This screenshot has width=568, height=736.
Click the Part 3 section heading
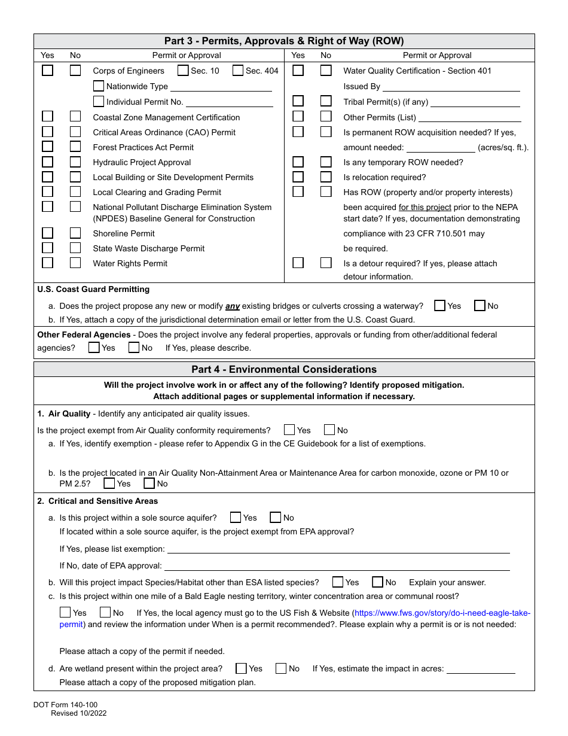pyautogui.click(x=284, y=41)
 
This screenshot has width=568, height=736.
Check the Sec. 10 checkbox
pyautogui.click(x=183, y=71)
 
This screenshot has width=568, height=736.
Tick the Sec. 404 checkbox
pyautogui.click(x=238, y=71)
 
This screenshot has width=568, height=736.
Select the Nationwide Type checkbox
pyautogui.click(x=99, y=86)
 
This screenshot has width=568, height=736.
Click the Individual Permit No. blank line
pyautogui.click(x=229, y=102)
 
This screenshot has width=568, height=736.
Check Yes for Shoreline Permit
pyautogui.click(x=47, y=233)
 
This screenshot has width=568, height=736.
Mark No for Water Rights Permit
pyautogui.click(x=75, y=263)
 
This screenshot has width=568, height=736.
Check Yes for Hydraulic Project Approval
pyautogui.click(x=47, y=162)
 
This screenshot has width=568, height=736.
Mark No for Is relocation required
pyautogui.click(x=326, y=177)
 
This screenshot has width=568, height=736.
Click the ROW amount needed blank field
pyautogui.click(x=441, y=148)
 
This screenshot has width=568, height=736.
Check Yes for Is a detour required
pyautogui.click(x=298, y=263)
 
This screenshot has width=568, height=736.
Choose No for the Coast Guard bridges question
pyautogui.click(x=480, y=306)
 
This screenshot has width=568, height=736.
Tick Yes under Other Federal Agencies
pyautogui.click(x=94, y=347)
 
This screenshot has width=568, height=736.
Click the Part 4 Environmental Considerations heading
pyautogui.click(x=284, y=369)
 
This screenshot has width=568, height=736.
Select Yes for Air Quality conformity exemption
pyautogui.click(x=289, y=430)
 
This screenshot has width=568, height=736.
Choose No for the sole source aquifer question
pyautogui.click(x=276, y=518)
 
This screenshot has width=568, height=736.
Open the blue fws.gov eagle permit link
pyautogui.click(x=442, y=613)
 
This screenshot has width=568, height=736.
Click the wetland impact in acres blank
pyautogui.click(x=481, y=669)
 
